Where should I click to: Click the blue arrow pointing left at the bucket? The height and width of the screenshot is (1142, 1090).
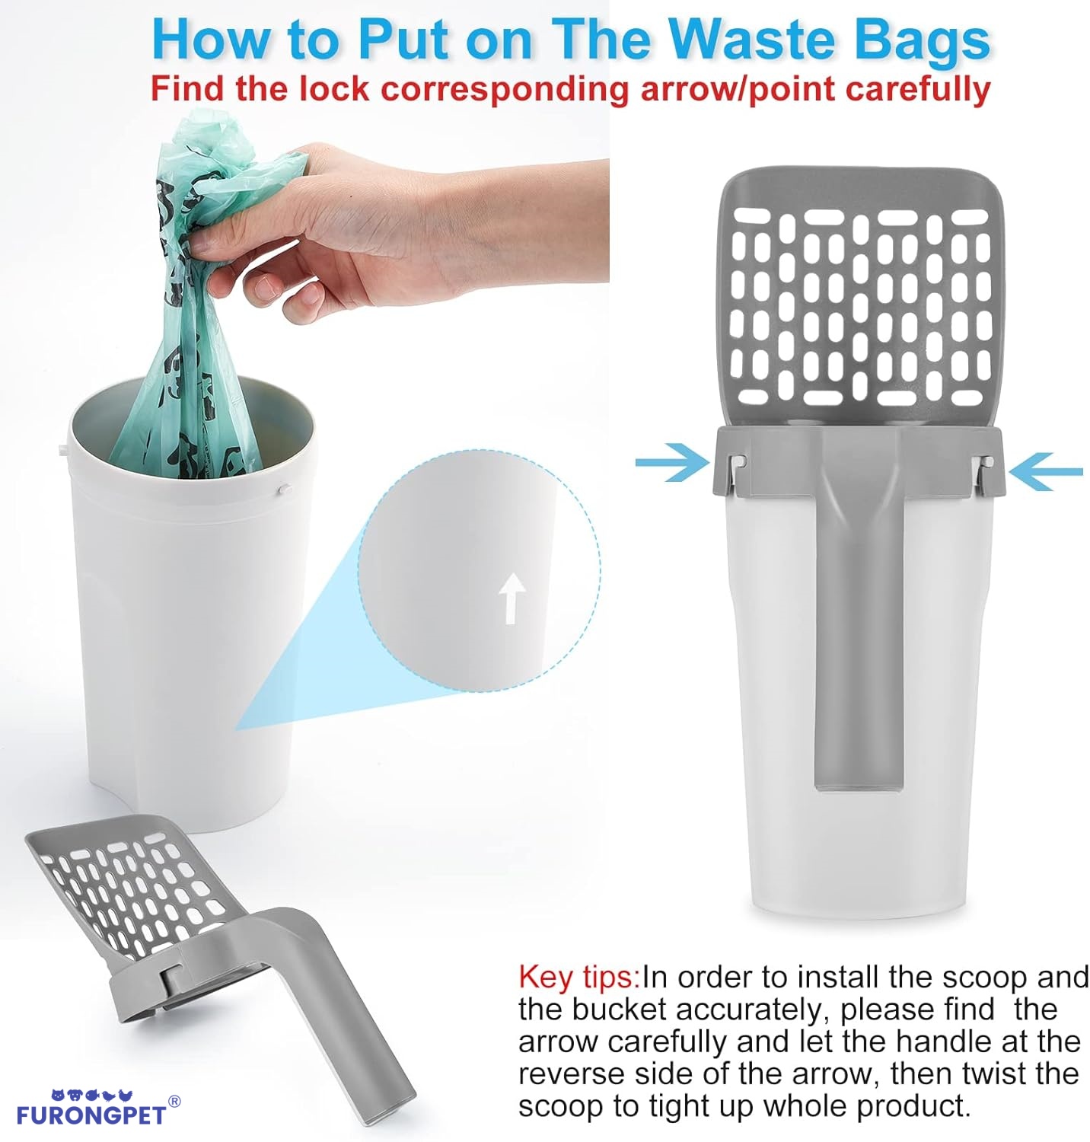(1044, 471)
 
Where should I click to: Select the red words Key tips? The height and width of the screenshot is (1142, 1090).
(578, 977)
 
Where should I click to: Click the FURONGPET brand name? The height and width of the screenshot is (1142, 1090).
(91, 1117)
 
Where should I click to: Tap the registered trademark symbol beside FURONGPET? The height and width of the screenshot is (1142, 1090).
(174, 1102)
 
